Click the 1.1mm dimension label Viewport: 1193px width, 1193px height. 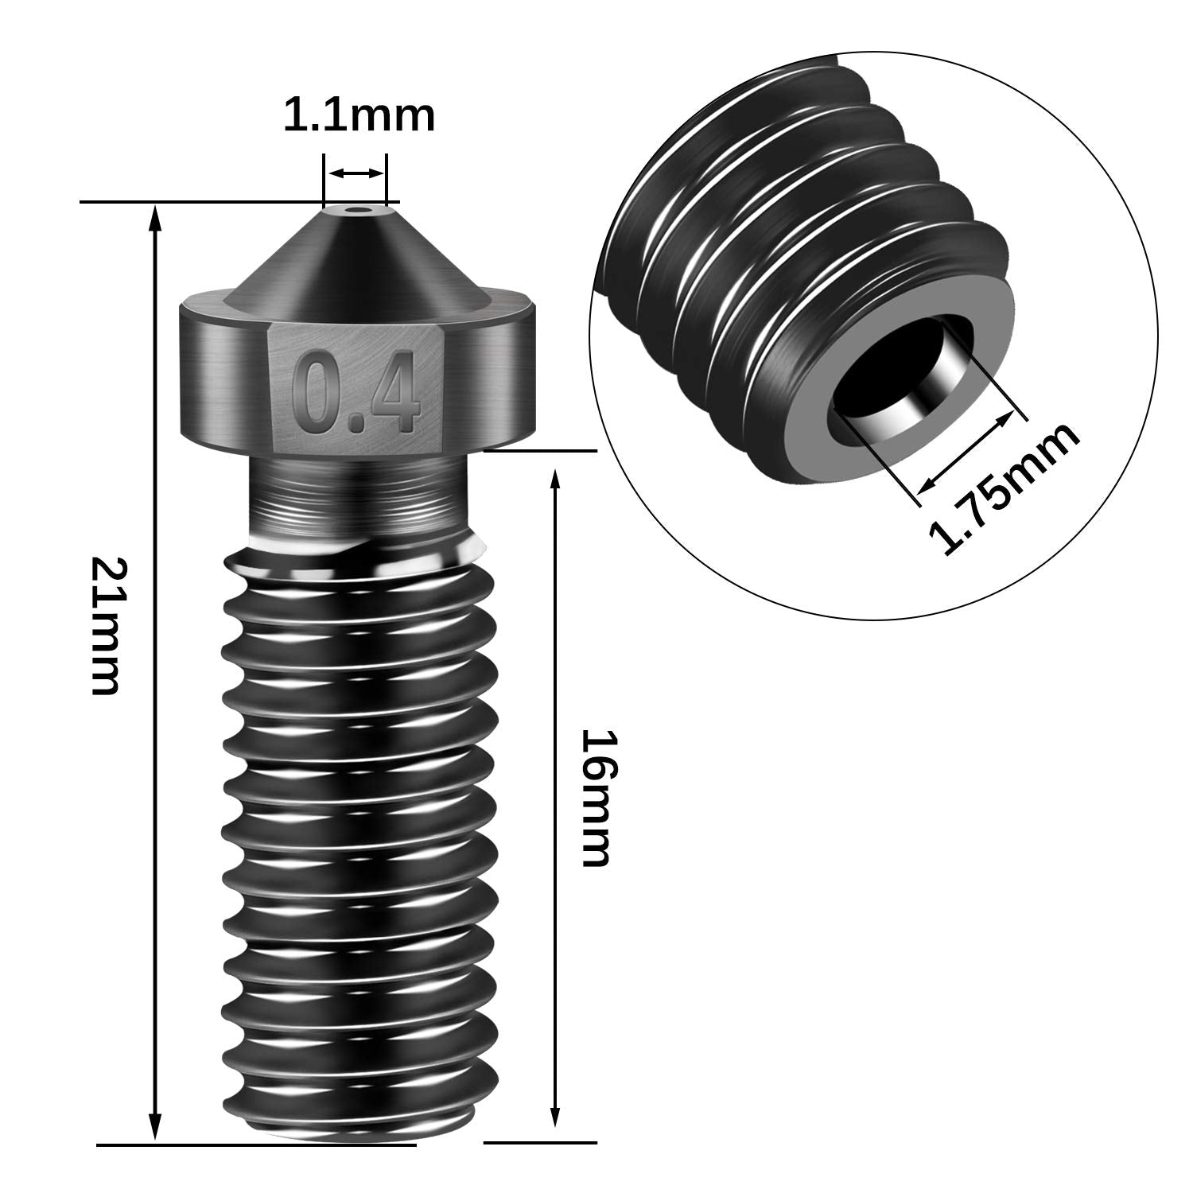pyautogui.click(x=359, y=116)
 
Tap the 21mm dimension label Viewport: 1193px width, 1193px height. pyautogui.click(x=105, y=626)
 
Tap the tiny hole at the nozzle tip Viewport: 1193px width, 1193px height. pyautogui.click(x=355, y=212)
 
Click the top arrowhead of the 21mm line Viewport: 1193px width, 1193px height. pyautogui.click(x=156, y=216)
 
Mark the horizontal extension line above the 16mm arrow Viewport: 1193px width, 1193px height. pyautogui.click(x=540, y=451)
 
